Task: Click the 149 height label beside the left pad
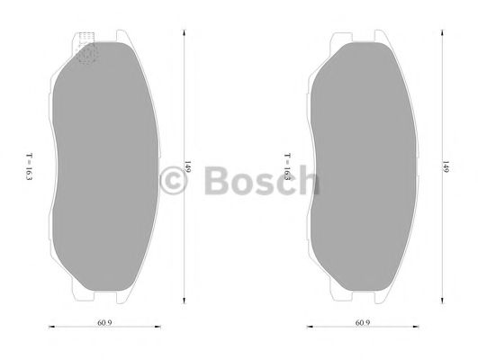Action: click(188, 166)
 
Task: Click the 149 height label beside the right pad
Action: click(446, 166)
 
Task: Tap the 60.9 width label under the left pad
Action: click(104, 322)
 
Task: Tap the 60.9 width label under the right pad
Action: click(363, 322)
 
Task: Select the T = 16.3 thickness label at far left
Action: click(29, 166)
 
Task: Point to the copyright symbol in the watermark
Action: click(173, 181)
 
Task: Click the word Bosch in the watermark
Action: click(262, 180)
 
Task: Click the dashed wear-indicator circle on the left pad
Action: click(86, 54)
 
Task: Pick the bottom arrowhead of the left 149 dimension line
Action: click(184, 301)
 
